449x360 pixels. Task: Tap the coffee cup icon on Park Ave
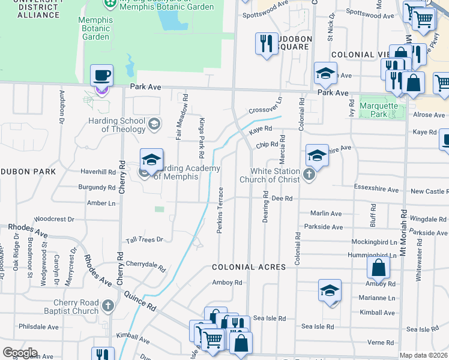[101, 76]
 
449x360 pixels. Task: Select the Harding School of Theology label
[123, 125]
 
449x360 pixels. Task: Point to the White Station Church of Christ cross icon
[309, 175]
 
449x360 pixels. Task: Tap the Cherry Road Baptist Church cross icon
[107, 306]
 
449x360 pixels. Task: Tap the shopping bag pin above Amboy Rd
[379, 268]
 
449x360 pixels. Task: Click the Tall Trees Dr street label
[144, 240]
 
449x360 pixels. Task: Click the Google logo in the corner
[20, 353]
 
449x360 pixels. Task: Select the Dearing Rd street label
[265, 208]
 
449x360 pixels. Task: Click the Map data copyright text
[423, 355]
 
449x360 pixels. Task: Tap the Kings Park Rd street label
[202, 134]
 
